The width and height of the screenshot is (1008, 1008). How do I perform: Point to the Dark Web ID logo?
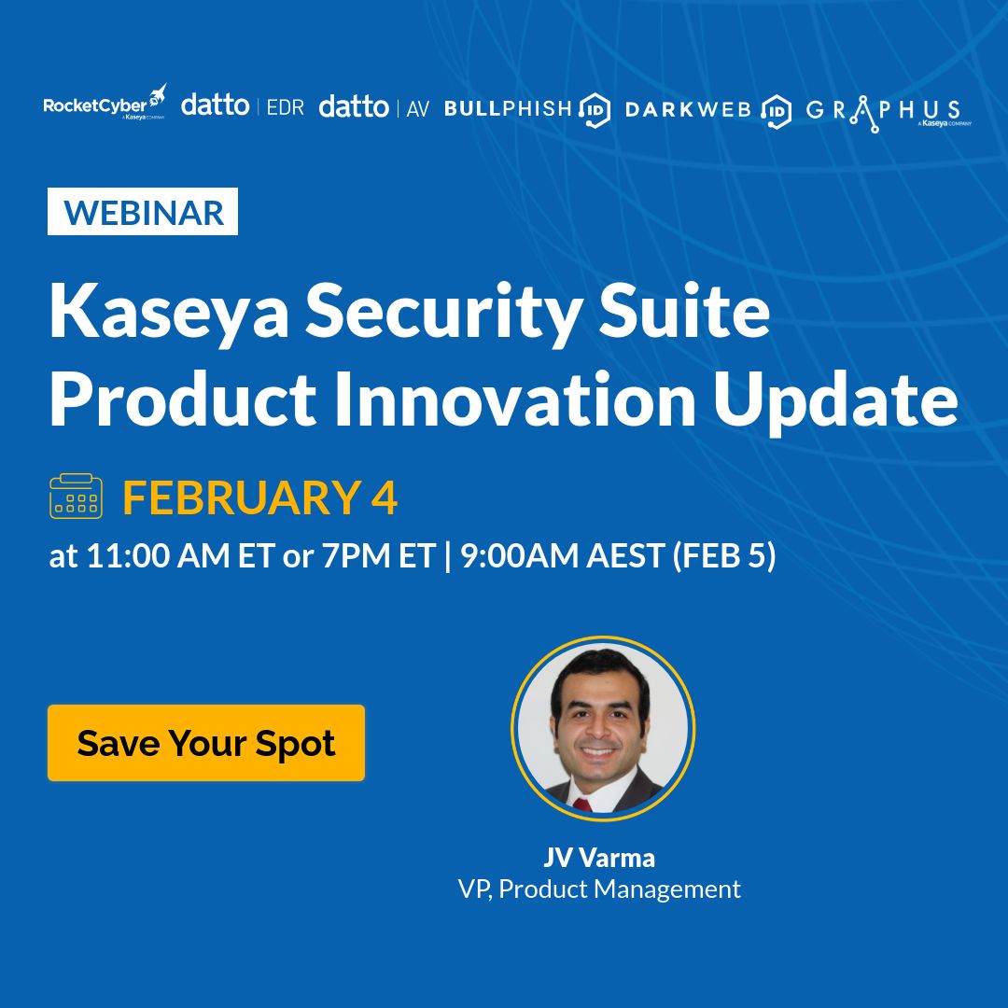point(708,109)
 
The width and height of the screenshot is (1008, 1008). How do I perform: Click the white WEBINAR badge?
point(143,212)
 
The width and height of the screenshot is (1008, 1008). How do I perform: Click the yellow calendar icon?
point(76,497)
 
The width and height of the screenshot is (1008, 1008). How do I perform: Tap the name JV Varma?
point(599,857)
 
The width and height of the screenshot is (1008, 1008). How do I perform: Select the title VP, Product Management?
point(599,889)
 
